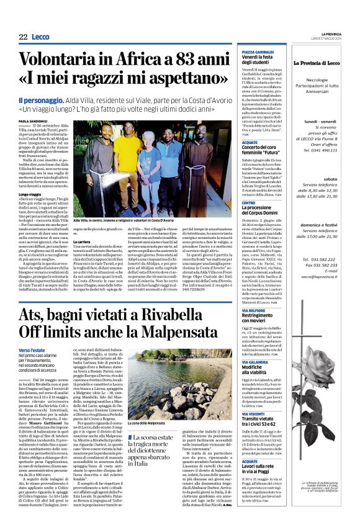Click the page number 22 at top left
point(23,37)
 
